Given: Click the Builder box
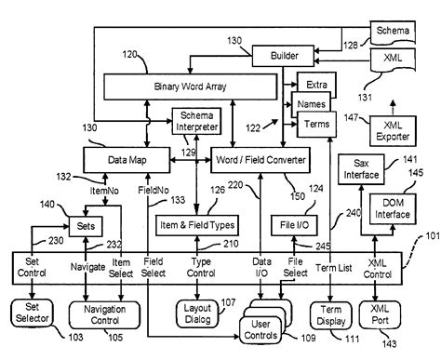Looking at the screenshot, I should (284, 57).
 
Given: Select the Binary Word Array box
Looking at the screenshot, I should (190, 87).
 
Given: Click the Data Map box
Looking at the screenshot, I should (127, 159).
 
